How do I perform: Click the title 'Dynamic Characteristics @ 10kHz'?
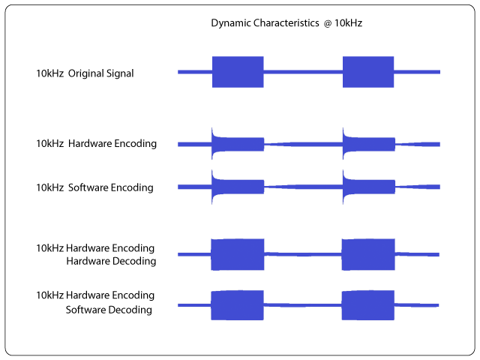[x=286, y=23]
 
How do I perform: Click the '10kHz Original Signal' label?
[x=85, y=73]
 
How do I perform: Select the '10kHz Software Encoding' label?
[x=94, y=187]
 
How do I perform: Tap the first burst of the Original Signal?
[x=238, y=72]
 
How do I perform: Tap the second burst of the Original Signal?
[x=368, y=72]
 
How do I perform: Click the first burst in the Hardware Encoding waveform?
[x=238, y=144]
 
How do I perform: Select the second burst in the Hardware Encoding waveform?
[x=368, y=144]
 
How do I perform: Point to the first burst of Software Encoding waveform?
[x=238, y=187]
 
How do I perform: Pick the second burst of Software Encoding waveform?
[x=368, y=187]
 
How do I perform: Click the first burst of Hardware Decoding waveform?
[x=238, y=254]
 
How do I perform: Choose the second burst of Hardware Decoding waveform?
[x=368, y=254]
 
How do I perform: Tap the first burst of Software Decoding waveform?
[x=237, y=305]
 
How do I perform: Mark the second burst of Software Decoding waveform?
[x=368, y=305]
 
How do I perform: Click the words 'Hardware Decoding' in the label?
[x=111, y=261]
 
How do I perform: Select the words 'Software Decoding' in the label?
[x=109, y=310]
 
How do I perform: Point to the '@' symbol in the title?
[x=328, y=23]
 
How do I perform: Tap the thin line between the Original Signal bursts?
[x=303, y=72]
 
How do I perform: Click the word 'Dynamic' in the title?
[x=230, y=23]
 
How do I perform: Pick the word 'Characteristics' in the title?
[x=286, y=23]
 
